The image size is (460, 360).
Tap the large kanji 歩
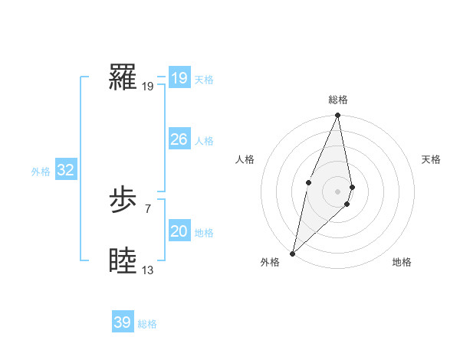pos(123,201)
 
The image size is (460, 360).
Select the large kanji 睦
pos(123,261)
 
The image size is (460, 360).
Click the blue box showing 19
pos(179,78)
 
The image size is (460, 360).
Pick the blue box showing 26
pos(179,139)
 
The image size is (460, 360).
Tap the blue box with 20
pos(179,231)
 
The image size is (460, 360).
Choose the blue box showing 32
pos(65,170)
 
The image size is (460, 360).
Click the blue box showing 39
pos(122,322)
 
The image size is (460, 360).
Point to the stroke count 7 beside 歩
pos(147,208)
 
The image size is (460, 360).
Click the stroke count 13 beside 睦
pos(147,270)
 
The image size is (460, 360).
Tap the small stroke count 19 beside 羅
pos(147,86)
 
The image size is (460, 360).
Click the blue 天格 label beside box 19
pos(204,80)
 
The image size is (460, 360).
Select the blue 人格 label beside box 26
pos(204,141)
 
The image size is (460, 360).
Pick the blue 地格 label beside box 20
pos(204,233)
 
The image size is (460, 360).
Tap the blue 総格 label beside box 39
pos(147,324)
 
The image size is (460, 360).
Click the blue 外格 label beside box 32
pos(41,172)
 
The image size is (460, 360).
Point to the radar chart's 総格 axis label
pos(337,100)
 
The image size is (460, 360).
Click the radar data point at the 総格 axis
pos(337,116)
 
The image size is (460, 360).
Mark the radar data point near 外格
pos(292,253)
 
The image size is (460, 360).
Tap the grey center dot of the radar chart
pos(337,191)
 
